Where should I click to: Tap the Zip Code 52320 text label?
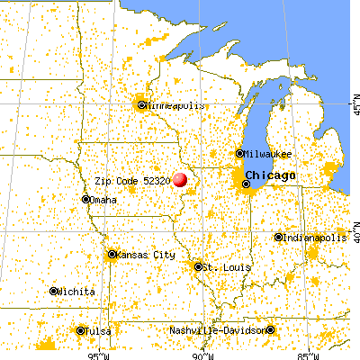pos(132,179)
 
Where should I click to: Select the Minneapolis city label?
pos(174,104)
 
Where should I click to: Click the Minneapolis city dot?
pos(141,104)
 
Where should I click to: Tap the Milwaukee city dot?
pos(239,153)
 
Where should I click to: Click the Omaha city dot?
pos(86,200)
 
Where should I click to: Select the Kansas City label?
pos(146,255)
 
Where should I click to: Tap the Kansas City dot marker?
pos(112,255)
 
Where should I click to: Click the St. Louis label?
pos(221,267)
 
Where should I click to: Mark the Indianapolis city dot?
pos(277,238)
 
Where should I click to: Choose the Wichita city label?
pos(76,291)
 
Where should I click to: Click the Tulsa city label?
pos(100,331)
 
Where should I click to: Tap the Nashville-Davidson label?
pos(229,331)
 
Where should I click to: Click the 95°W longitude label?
pos(96,354)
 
